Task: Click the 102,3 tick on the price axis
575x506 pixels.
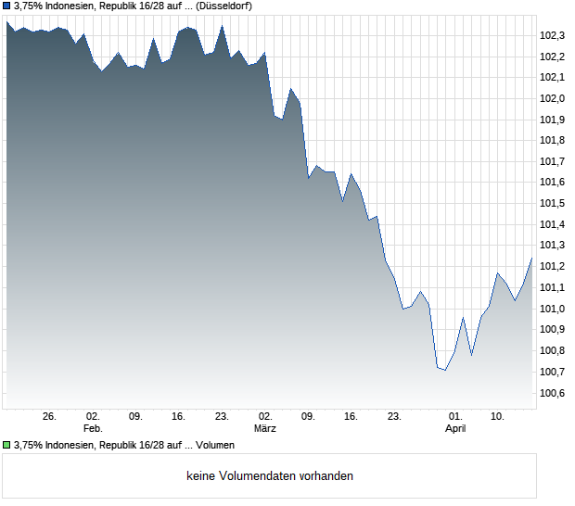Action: tap(553, 35)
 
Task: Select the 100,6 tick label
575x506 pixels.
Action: tap(553, 393)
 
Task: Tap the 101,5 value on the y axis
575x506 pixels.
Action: tap(553, 203)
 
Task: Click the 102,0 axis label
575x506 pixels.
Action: tap(553, 98)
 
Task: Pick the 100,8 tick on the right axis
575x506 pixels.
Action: tap(553, 350)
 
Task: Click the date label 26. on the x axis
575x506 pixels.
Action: tap(50, 417)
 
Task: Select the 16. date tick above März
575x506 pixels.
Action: tap(351, 417)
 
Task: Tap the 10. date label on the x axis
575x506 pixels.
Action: tap(497, 417)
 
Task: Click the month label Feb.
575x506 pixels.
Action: tap(93, 429)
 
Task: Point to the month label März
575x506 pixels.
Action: tap(265, 429)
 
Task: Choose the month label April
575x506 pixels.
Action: tap(455, 429)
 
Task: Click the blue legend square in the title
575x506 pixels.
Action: tap(6, 6)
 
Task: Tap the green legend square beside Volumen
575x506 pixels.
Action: tap(6, 446)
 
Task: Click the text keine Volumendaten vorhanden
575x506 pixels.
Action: tap(270, 476)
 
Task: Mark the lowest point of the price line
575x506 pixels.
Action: tap(445, 371)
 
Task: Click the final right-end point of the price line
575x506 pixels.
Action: tap(531, 259)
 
